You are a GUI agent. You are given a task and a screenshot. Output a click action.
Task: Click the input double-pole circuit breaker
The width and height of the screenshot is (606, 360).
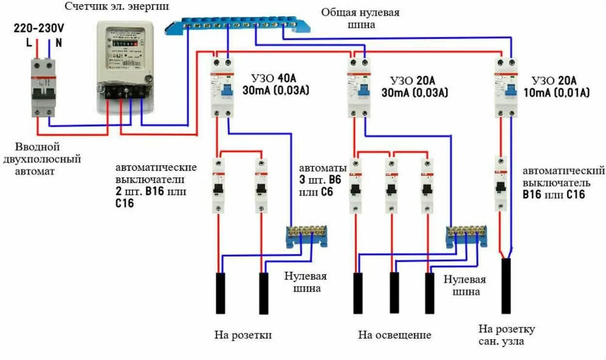tap(44, 87)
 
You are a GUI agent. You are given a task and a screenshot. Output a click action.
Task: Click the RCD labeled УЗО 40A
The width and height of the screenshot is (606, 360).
tap(223, 87)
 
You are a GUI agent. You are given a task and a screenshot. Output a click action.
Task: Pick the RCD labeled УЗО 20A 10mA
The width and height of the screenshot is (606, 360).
tap(506, 87)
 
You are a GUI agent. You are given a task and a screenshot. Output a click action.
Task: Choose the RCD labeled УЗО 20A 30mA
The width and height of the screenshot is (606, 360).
tap(359, 87)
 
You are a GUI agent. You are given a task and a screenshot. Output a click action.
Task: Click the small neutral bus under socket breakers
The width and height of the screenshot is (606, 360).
tap(305, 236)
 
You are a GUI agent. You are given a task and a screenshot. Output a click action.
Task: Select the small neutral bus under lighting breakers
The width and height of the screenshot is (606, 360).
tap(466, 236)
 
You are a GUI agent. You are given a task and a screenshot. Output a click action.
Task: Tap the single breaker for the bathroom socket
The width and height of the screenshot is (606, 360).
tap(501, 183)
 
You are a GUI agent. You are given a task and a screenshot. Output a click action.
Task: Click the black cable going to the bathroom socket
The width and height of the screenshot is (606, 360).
tap(506, 286)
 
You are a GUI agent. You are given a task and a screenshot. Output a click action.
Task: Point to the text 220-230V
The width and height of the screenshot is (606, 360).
tap(39, 28)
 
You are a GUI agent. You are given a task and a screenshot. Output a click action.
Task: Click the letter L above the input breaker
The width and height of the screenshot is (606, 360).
tap(29, 43)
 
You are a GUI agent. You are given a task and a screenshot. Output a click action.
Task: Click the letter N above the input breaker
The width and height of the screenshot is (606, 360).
tap(59, 43)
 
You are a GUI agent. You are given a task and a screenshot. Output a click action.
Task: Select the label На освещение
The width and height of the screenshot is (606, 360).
tap(395, 335)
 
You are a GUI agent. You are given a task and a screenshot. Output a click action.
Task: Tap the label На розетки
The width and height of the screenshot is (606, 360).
tap(243, 335)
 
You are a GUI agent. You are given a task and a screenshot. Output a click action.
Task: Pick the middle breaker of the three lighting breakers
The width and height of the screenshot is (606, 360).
tap(391, 186)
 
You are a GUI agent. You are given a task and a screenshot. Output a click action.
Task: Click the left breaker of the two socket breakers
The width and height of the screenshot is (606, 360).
tap(219, 186)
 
